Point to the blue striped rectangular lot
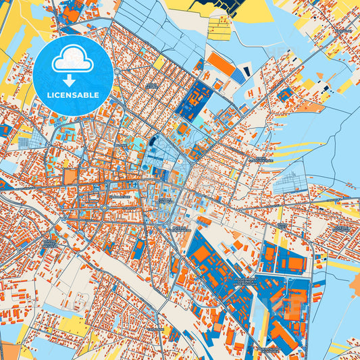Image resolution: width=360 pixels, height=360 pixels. click(238, 77)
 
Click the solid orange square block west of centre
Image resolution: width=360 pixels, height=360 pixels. click(71, 177)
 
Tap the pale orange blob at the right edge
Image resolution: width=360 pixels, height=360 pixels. click(311, 106)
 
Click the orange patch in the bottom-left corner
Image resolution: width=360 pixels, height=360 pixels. click(9, 351)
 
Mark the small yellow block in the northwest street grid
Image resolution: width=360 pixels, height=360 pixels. click(159, 63)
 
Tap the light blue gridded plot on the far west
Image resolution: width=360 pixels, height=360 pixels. click(24, 143)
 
